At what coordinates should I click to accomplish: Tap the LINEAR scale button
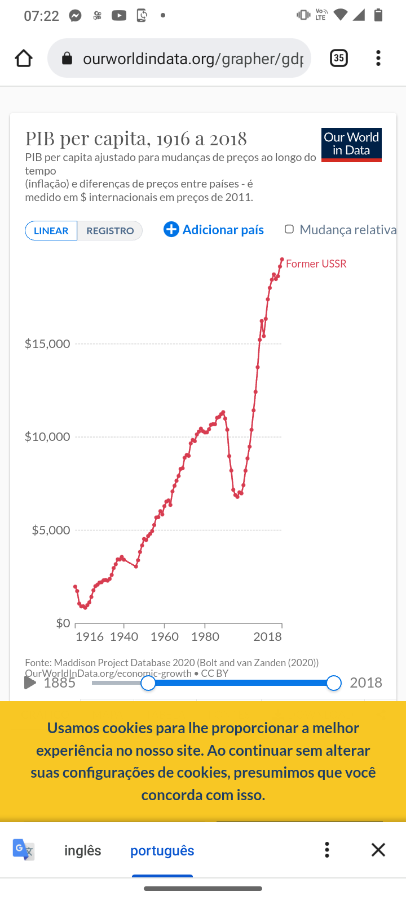pos(51,231)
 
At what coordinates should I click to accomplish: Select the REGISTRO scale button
pos(110,231)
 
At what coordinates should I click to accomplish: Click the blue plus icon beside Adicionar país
pos(171,229)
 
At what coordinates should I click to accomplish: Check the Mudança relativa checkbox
pos(289,229)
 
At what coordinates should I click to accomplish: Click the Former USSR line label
pos(316,264)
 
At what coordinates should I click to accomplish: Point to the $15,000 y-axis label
pos(47,344)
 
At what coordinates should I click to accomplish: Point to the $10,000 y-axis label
pos(47,436)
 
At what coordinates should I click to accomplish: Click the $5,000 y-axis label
pos(51,530)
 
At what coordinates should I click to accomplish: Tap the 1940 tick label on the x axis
pos(124,636)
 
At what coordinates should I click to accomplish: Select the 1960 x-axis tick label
pos(165,636)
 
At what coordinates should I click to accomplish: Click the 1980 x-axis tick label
pos(205,636)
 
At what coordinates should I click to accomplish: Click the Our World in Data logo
pos(351,145)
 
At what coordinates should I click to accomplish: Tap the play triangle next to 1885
pos(30,683)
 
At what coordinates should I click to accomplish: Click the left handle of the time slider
pos(148,683)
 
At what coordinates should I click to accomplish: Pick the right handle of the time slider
pos(334,683)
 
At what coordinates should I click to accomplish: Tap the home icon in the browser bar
pos(24,58)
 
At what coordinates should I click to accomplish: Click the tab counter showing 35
pos(338,58)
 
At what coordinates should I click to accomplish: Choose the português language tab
pos(162,850)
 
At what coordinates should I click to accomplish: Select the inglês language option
pos(83,850)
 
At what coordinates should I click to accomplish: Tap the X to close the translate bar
pos(378,850)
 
